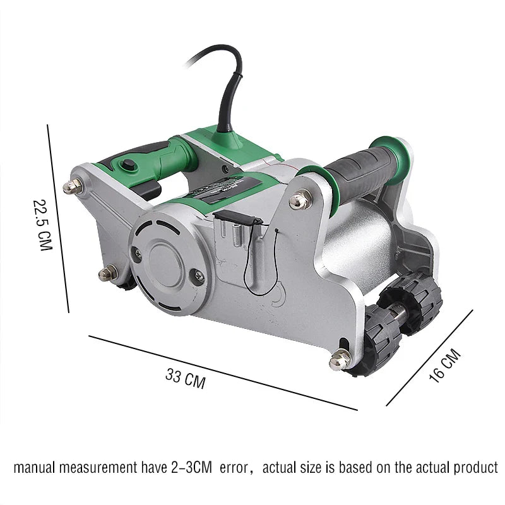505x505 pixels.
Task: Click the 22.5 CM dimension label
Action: (42, 225)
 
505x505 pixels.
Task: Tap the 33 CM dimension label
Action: (185, 379)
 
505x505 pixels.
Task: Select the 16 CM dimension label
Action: (445, 365)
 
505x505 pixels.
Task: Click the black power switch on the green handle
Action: (128, 164)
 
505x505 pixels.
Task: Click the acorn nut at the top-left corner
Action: (73, 186)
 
